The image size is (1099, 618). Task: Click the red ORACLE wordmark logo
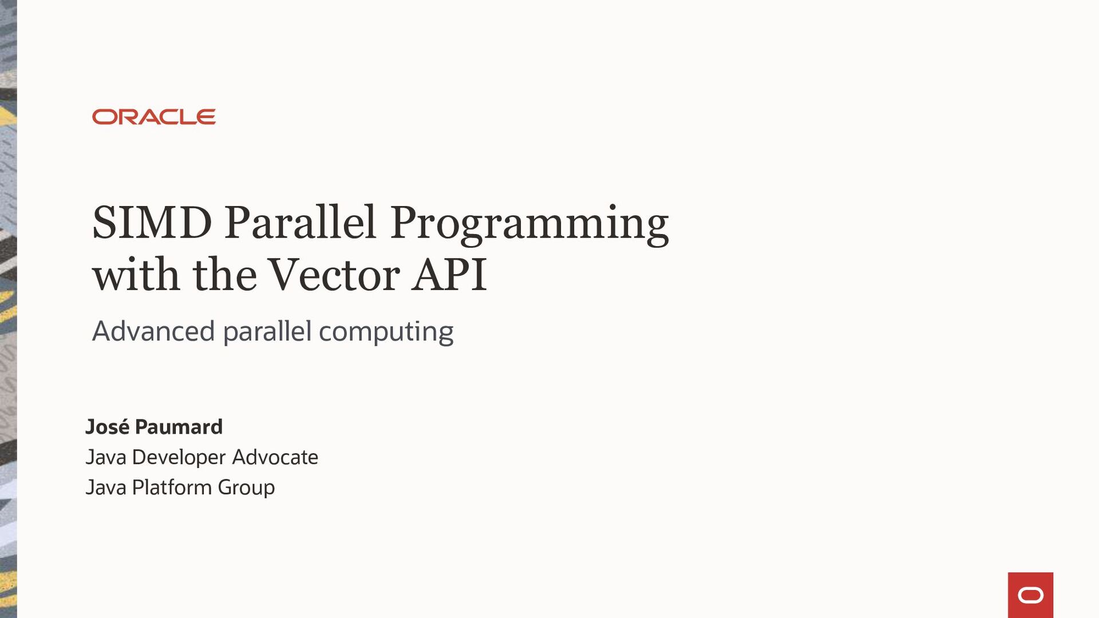(x=153, y=117)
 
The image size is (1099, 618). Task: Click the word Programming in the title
(x=529, y=224)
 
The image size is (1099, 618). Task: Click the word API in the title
(x=449, y=275)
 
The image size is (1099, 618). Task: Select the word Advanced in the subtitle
(x=153, y=331)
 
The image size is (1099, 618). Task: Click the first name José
(x=107, y=427)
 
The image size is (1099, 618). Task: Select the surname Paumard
(x=179, y=427)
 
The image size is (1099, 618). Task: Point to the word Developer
(x=179, y=458)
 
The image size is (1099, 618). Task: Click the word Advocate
(x=275, y=457)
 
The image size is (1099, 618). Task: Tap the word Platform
(x=172, y=488)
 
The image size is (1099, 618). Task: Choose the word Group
(x=246, y=488)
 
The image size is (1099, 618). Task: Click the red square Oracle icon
(x=1030, y=595)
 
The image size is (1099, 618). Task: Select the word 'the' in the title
(x=225, y=275)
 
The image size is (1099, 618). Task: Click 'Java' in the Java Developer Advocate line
(x=105, y=457)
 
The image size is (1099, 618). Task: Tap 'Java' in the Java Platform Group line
(x=105, y=488)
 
